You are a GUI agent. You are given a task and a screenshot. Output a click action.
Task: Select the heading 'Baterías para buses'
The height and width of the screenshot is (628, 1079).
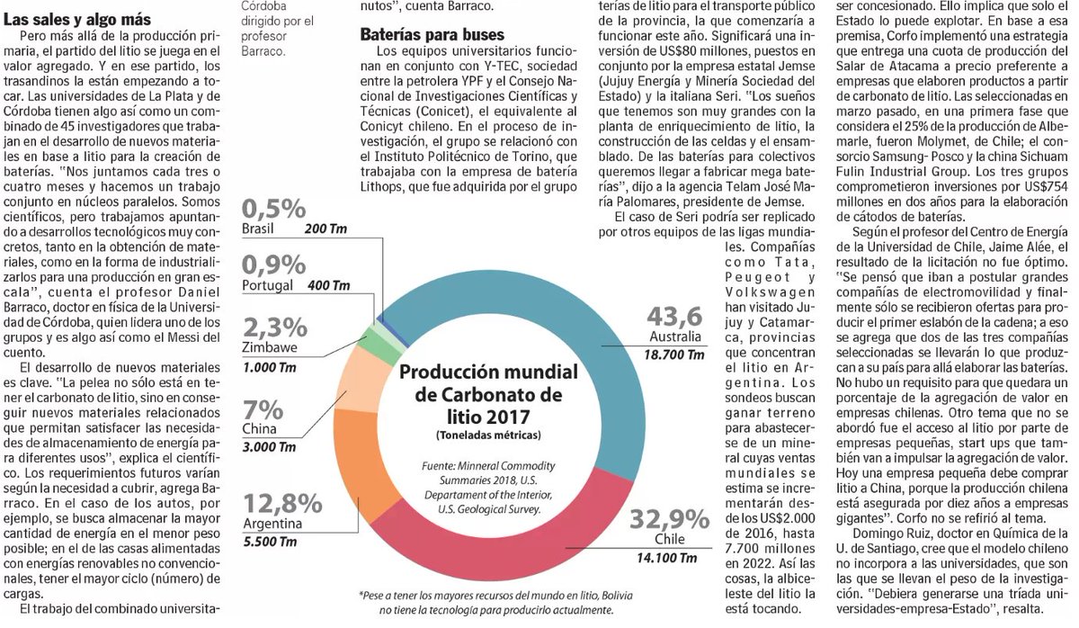click(418, 37)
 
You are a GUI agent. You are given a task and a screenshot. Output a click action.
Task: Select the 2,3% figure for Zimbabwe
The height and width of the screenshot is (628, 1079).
click(273, 327)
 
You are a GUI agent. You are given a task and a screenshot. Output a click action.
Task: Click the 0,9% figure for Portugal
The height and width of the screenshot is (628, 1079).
click(273, 265)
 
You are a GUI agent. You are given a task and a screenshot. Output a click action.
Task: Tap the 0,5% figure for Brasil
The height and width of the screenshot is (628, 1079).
click(273, 209)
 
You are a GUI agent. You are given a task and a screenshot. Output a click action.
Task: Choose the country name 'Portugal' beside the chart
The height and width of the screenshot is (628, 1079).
click(269, 286)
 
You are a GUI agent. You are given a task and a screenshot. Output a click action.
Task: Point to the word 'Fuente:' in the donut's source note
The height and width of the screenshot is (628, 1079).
click(441, 466)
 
